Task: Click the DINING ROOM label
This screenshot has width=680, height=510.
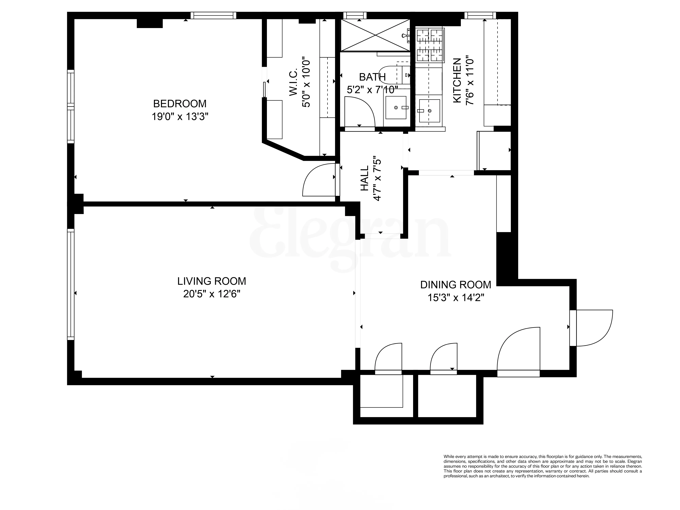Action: coord(456,285)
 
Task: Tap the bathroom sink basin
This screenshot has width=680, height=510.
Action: coord(396,108)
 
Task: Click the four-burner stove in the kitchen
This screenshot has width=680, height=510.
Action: coord(430,45)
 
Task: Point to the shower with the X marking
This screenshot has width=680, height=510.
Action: coord(375,35)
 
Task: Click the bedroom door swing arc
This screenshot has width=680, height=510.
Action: coord(320,180)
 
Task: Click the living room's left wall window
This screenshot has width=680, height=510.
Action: coord(71,284)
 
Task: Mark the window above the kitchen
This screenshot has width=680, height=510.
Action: coord(480,15)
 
